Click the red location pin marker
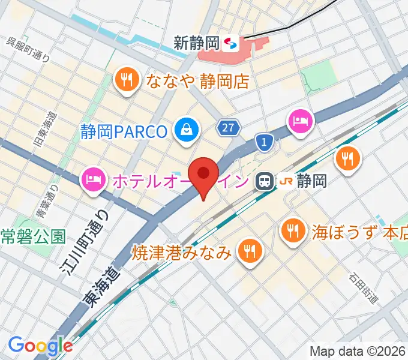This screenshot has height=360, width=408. pos(203,175)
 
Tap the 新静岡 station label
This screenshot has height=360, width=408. pos(197,43)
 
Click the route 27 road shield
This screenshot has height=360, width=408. pos(229,127)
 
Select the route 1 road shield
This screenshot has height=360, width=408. pos(264,142)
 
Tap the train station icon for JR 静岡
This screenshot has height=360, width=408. pos(263,181)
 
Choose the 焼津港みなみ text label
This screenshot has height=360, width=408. pos(182,252)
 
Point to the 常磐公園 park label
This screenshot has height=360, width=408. pos(32,236)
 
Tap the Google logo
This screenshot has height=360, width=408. pos(40,346)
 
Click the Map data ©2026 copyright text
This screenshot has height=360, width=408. pos(357,351)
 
